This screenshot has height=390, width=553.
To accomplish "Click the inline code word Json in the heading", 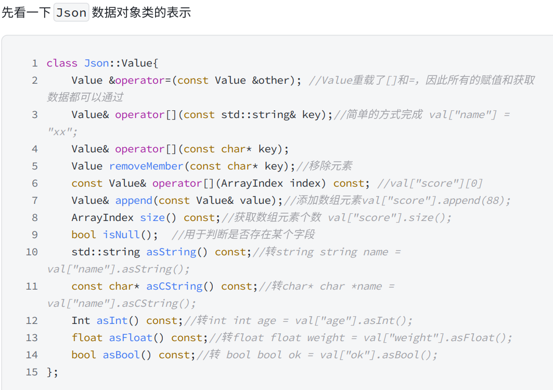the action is click(71, 12).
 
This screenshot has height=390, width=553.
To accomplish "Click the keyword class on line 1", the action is click(62, 63).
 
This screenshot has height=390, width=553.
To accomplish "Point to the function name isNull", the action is click(121, 235).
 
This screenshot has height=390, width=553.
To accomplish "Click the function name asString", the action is click(171, 252).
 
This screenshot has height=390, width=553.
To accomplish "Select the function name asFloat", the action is click(131, 338).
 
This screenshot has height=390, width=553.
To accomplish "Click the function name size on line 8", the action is click(152, 218).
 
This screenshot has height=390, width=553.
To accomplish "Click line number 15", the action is click(31, 372).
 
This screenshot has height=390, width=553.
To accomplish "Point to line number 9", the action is click(34, 235).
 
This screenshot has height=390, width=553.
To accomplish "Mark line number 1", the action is click(34, 63).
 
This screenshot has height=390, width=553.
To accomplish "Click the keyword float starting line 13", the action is click(87, 338).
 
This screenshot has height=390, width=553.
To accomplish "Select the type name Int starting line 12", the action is click(81, 321).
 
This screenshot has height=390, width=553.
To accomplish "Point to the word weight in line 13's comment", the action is click(326, 338).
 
